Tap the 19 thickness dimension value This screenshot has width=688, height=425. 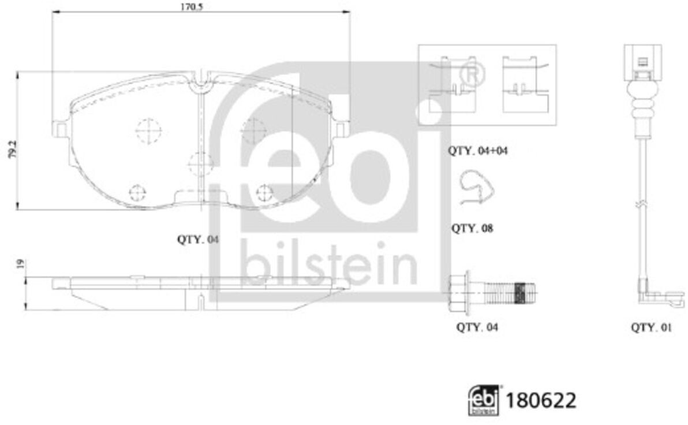tap(20, 264)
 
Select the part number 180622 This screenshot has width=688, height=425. tap(541, 400)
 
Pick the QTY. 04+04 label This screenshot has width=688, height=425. tap(477, 151)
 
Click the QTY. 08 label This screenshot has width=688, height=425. tap(472, 228)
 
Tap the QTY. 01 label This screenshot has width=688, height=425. tap(651, 327)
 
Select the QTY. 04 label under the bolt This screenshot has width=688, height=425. tap(477, 327)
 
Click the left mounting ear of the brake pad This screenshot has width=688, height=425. tap(61, 129)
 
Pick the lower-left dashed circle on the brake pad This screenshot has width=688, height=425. tap(137, 192)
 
